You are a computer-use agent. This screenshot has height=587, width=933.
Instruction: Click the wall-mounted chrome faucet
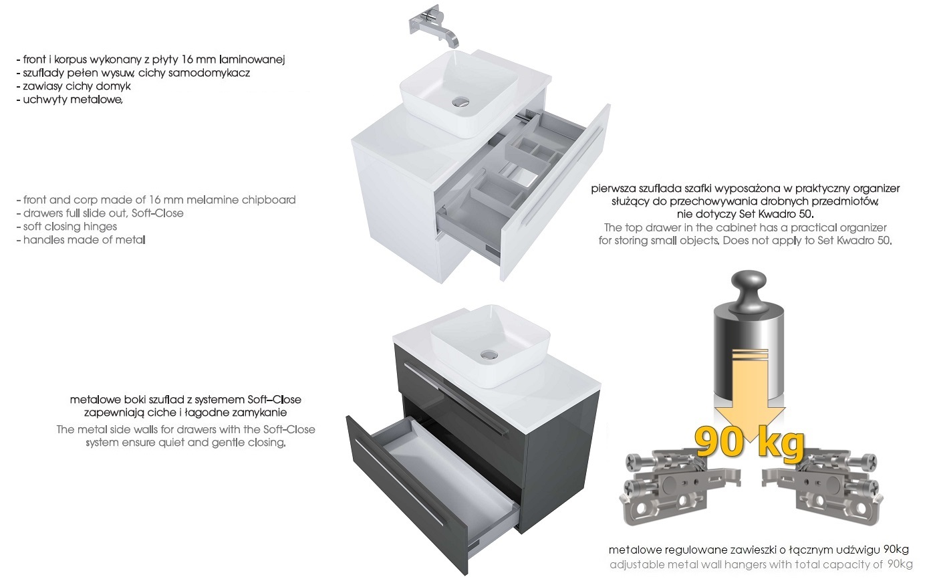(x=434, y=28)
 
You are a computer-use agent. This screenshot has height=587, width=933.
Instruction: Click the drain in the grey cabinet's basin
(x=489, y=355)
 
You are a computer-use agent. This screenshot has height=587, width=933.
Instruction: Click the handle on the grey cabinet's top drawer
(x=456, y=399)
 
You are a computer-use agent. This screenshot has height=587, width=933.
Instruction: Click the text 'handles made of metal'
(x=84, y=240)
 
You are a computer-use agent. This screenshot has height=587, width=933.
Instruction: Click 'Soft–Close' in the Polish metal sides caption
(x=274, y=400)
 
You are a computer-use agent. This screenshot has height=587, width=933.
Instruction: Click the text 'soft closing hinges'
(x=70, y=227)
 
